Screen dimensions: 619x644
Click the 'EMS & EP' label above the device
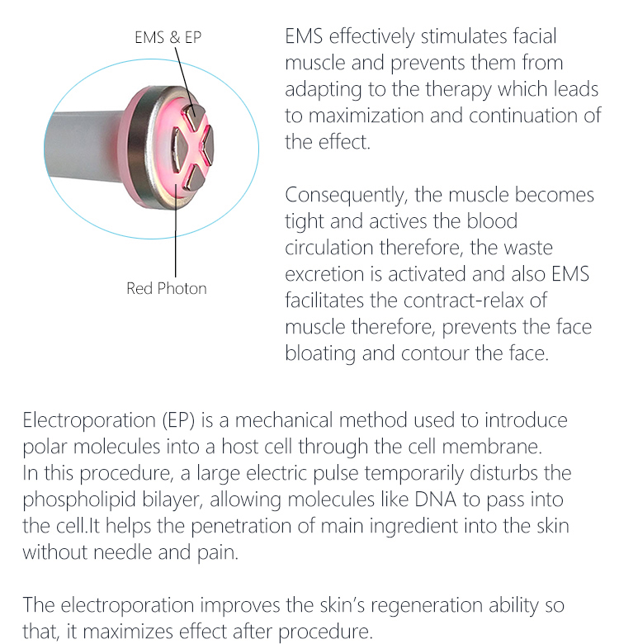[168, 37]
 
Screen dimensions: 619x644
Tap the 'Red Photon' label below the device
[167, 288]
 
